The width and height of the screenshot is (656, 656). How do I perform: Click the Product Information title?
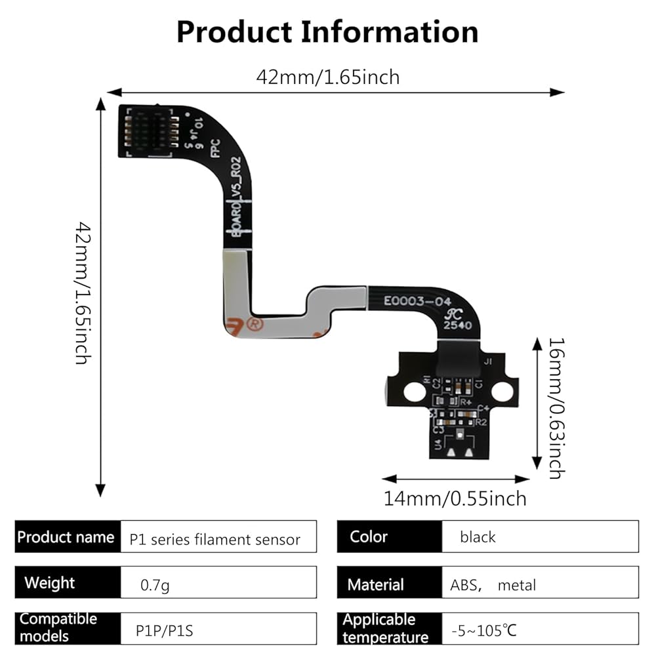click(x=327, y=31)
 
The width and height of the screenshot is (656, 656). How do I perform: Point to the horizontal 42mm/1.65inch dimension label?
click(x=327, y=77)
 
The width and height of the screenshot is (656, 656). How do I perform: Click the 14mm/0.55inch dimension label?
click(x=455, y=499)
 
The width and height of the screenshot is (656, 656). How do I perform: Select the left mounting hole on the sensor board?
click(x=415, y=392)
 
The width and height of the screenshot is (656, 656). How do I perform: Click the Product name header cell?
click(x=67, y=537)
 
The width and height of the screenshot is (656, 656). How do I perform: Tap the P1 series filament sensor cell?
click(x=215, y=539)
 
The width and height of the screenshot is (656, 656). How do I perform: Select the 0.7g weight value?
click(x=155, y=584)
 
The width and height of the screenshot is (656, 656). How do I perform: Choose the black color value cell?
click(x=478, y=537)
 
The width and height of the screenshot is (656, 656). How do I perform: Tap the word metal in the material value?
click(x=516, y=585)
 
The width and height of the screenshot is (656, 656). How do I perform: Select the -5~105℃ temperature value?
click(x=483, y=632)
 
